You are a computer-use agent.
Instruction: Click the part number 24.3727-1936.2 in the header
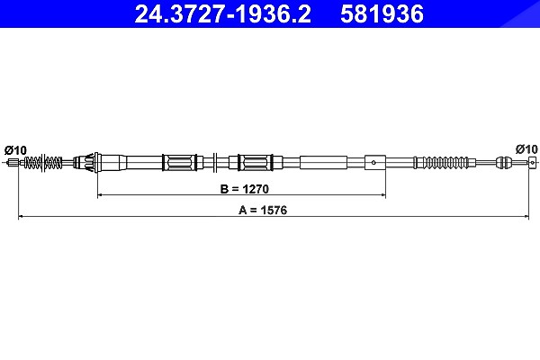coord(223,14)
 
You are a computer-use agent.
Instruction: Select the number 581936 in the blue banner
coord(382,14)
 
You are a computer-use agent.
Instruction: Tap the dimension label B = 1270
coord(245,189)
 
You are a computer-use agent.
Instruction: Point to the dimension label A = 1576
coord(263,210)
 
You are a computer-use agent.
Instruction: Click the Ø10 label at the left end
coord(15,150)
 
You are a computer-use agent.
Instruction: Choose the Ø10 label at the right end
coord(526,149)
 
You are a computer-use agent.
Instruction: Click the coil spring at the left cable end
coord(43,162)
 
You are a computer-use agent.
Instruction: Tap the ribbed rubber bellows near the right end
coord(445,162)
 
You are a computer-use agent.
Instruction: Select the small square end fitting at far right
coord(533,162)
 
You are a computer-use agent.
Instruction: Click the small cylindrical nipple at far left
coord(13,162)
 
